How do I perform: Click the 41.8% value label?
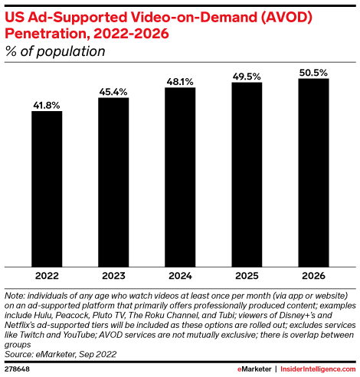(x=47, y=104)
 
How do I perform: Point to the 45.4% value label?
(x=113, y=92)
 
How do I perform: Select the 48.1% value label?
(x=180, y=81)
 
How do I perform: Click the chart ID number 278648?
(x=19, y=369)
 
